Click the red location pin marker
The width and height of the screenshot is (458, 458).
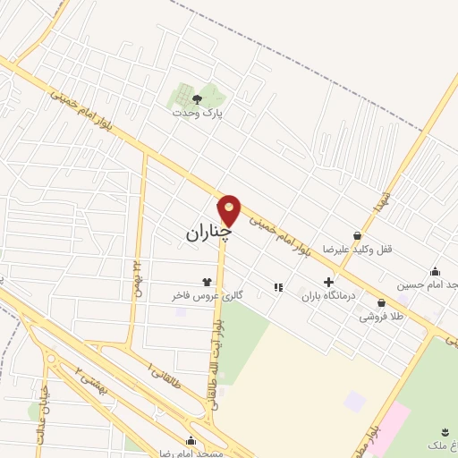(229, 210)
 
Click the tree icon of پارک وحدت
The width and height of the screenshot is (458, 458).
(197, 100)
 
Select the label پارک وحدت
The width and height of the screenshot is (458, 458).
(198, 114)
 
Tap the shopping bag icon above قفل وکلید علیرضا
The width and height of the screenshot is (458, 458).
(358, 236)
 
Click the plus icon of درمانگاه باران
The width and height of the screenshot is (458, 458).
(328, 282)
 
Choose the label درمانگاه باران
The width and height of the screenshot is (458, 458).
(328, 295)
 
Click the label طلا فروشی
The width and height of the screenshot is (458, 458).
(381, 317)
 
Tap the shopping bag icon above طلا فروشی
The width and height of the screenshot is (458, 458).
(382, 303)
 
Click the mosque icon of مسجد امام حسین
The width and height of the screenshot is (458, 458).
(436, 272)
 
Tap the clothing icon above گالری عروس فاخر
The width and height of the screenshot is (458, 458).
(207, 282)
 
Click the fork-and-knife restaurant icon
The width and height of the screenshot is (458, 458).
(278, 287)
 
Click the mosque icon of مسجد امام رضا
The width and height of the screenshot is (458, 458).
(191, 440)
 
